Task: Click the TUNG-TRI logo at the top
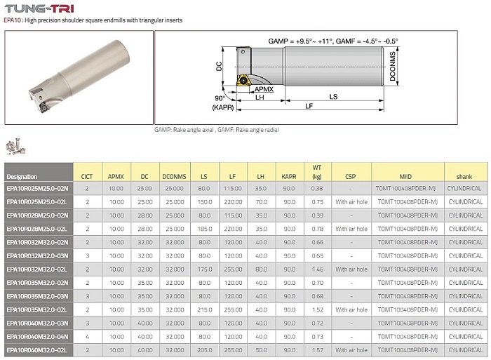(39, 8)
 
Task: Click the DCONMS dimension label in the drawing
(392, 66)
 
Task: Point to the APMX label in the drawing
(264, 89)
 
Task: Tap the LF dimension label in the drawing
(309, 106)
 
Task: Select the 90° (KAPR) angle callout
(222, 102)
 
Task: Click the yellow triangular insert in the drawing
(243, 80)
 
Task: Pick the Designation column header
(22, 177)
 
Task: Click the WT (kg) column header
(317, 172)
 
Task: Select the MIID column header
(405, 177)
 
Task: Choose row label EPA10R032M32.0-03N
(37, 255)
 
